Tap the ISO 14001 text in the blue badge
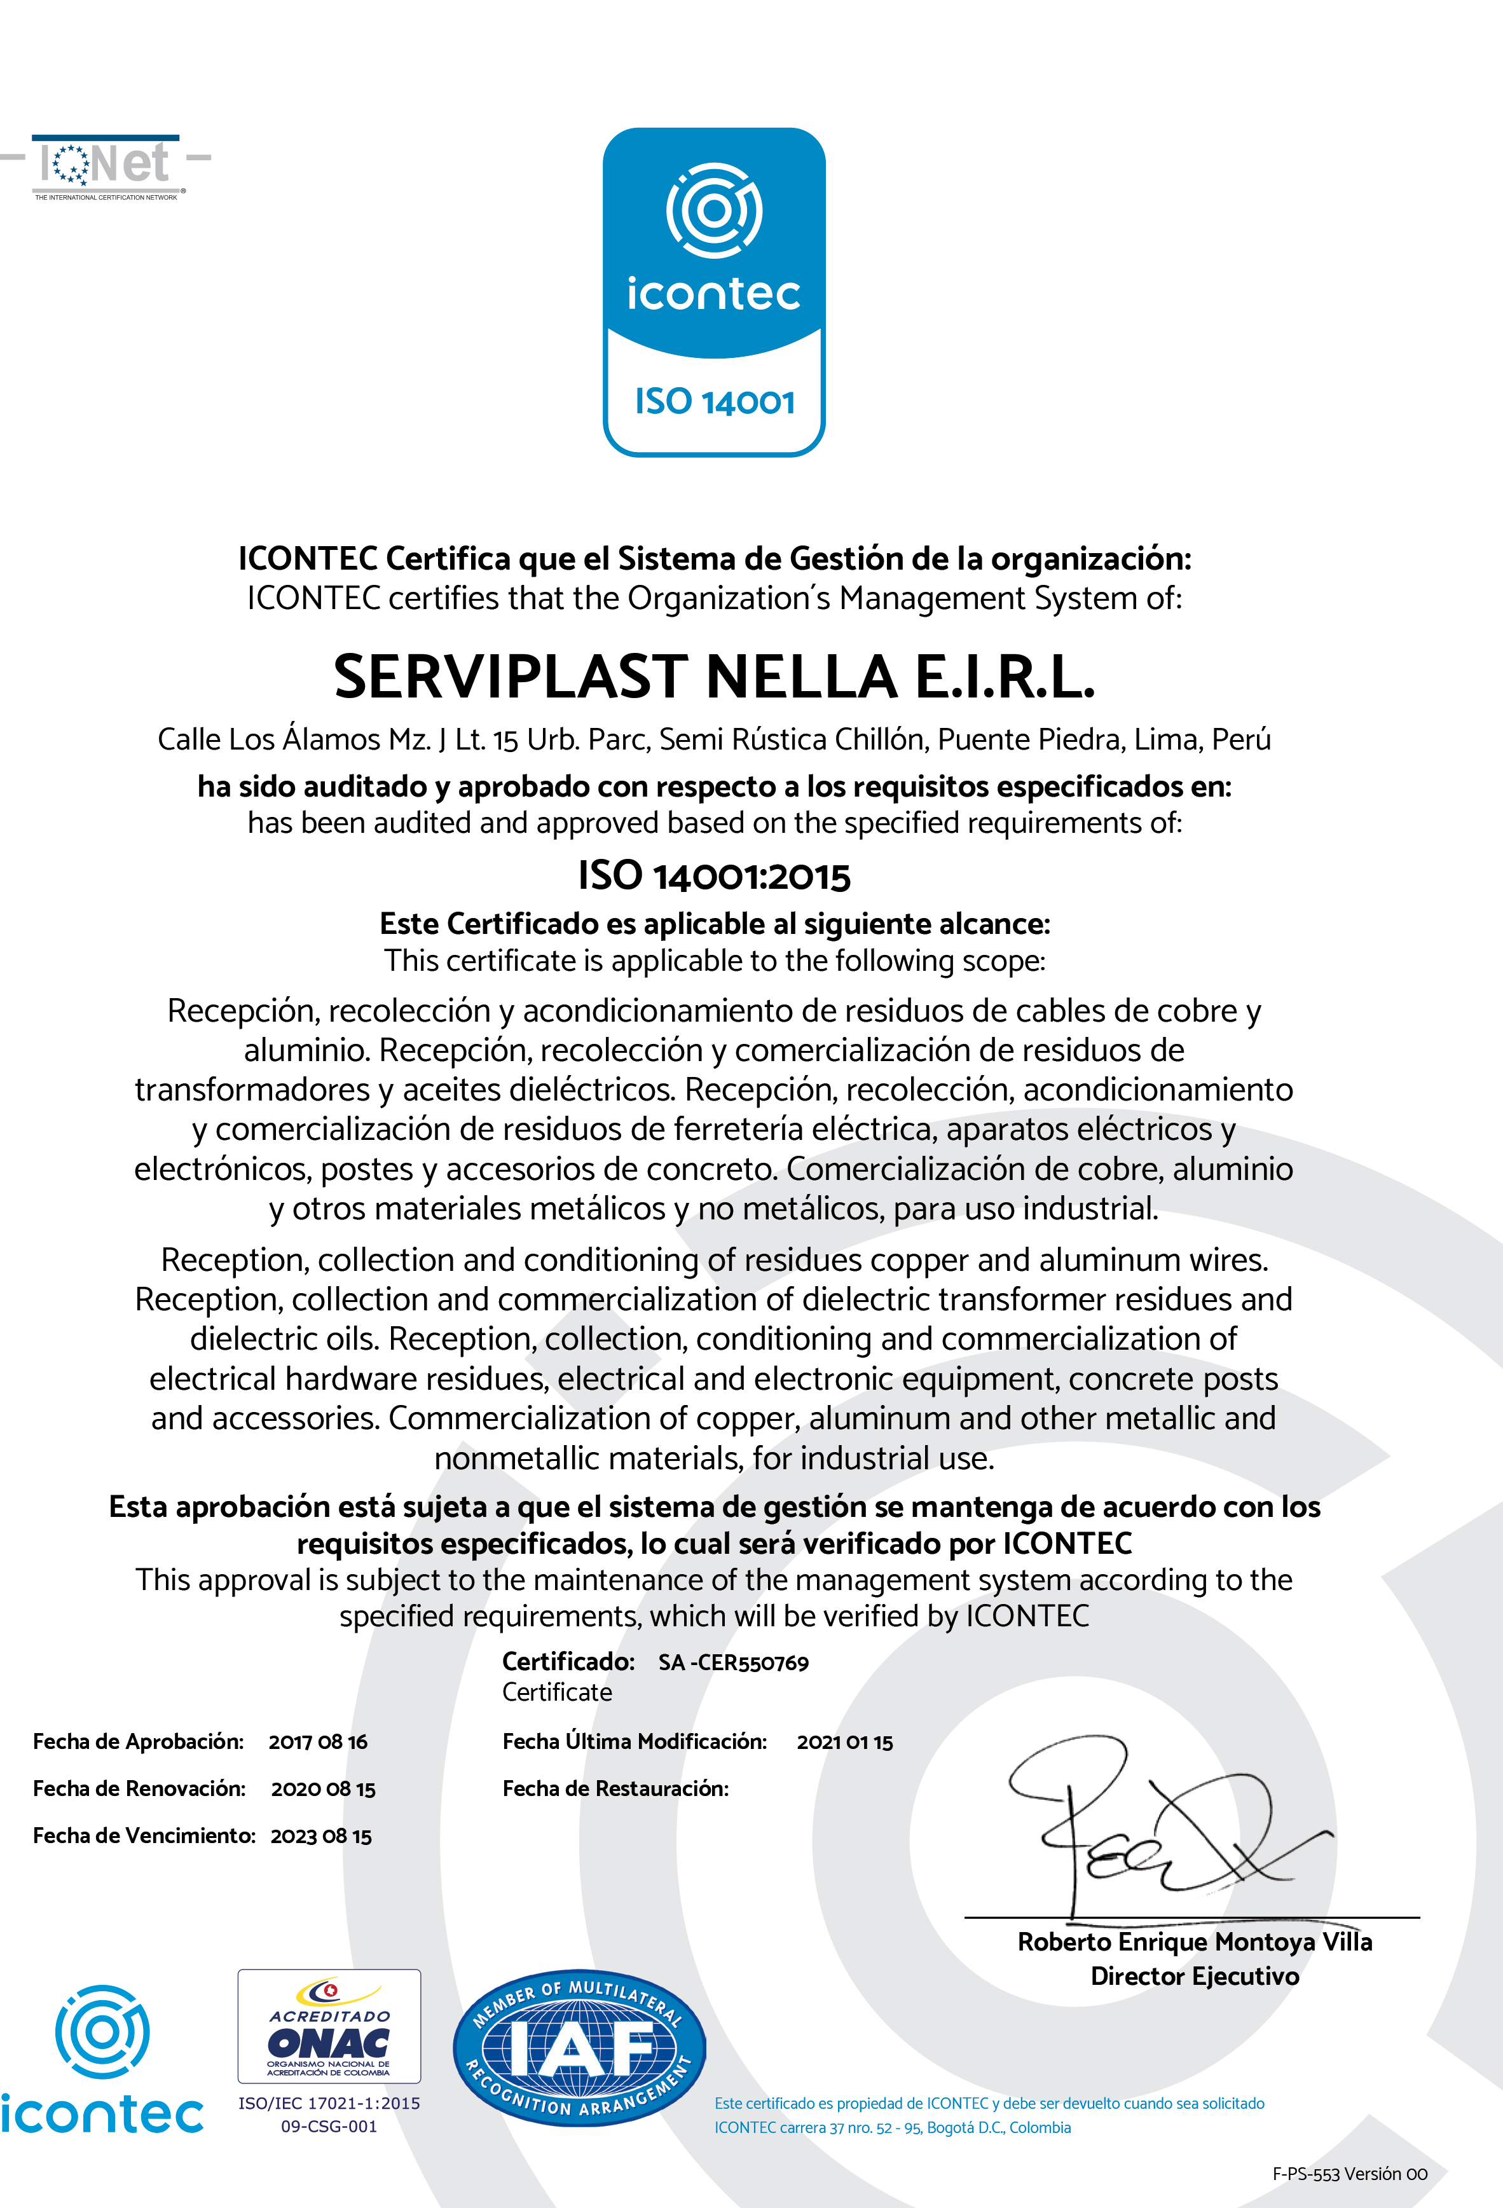point(715,402)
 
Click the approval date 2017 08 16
point(317,1741)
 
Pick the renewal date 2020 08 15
point(323,1789)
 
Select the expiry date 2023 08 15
point(321,1835)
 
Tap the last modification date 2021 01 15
point(844,1741)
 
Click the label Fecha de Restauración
point(615,1789)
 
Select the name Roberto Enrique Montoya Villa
point(1194,1942)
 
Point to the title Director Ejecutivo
point(1194,1976)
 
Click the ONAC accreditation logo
point(329,2026)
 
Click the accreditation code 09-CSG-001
point(329,2126)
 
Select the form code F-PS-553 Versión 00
point(1349,2174)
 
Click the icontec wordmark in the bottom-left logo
point(102,2115)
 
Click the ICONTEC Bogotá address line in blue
point(892,2127)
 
